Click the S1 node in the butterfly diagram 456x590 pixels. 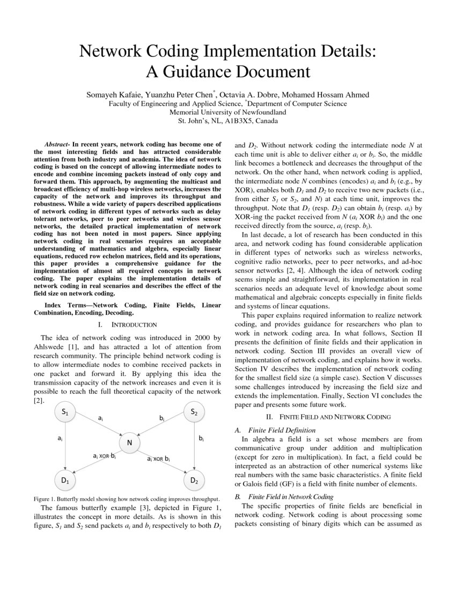pyautogui.click(x=65, y=412)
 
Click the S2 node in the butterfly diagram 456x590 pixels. pyautogui.click(x=194, y=412)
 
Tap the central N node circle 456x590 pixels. pyautogui.click(x=129, y=442)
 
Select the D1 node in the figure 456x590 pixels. pyautogui.click(x=65, y=481)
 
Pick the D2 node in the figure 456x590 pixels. pyautogui.click(x=194, y=481)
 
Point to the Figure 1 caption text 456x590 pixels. pyautogui.click(x=127, y=498)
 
